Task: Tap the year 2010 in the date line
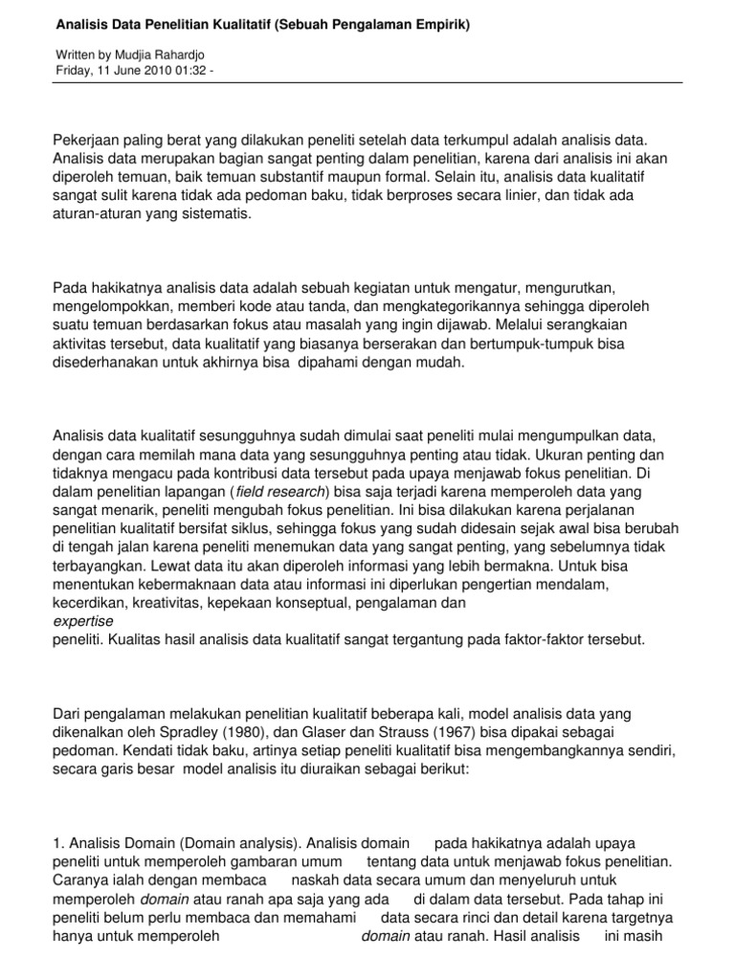(154, 73)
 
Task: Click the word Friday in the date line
(71, 73)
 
